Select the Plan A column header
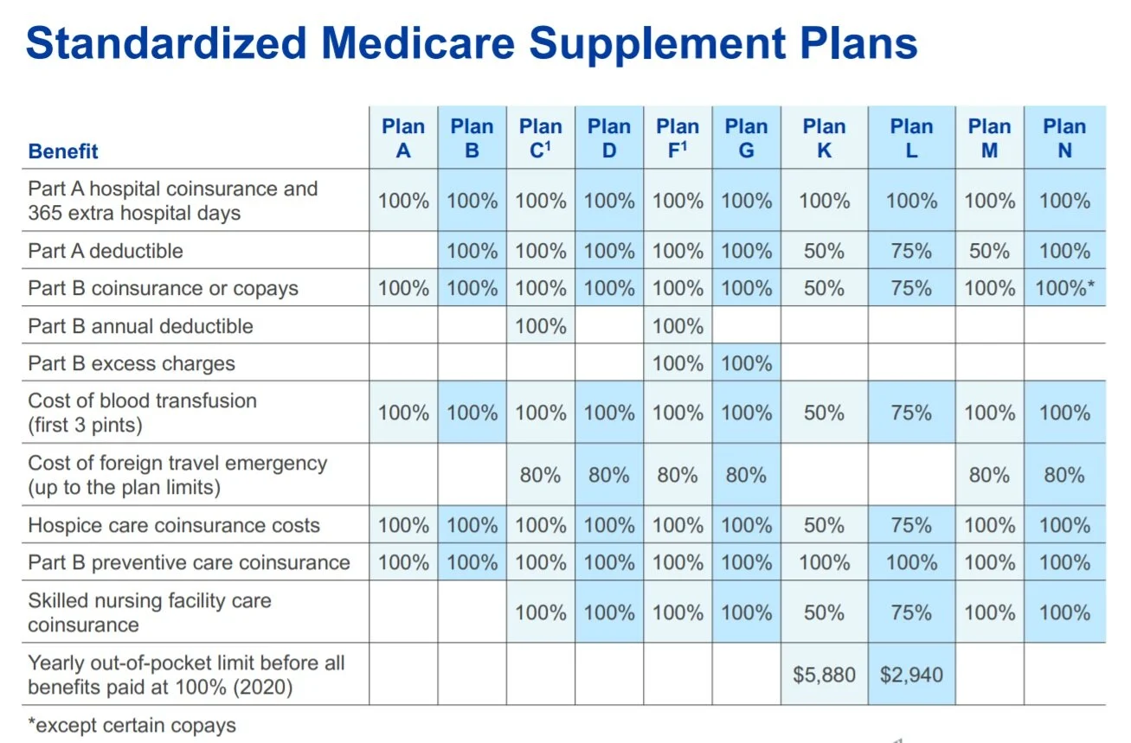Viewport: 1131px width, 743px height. (x=403, y=138)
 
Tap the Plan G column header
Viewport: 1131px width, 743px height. (x=746, y=138)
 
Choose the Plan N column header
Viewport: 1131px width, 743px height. (x=1064, y=138)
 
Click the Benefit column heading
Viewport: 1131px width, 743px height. (x=63, y=151)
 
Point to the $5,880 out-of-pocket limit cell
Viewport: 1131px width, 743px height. (x=824, y=674)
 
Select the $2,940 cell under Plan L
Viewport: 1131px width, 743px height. (x=911, y=674)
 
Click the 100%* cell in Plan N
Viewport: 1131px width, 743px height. (x=1064, y=288)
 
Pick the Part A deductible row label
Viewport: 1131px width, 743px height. (x=106, y=251)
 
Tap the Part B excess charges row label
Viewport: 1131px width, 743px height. (x=132, y=363)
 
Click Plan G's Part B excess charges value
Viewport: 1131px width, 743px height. (x=746, y=363)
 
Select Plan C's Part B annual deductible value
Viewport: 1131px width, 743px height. (x=541, y=326)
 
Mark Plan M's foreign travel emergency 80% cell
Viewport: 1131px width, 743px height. (x=989, y=475)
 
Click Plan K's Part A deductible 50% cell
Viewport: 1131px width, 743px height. (x=824, y=251)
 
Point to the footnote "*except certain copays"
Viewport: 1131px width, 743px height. (x=132, y=725)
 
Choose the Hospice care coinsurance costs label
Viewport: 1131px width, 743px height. (x=174, y=525)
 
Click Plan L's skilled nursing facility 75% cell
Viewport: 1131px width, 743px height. (x=911, y=612)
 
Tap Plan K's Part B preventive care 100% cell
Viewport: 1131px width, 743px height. (x=824, y=562)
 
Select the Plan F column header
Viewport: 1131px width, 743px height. (x=678, y=138)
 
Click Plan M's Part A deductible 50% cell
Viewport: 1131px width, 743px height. (x=989, y=251)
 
